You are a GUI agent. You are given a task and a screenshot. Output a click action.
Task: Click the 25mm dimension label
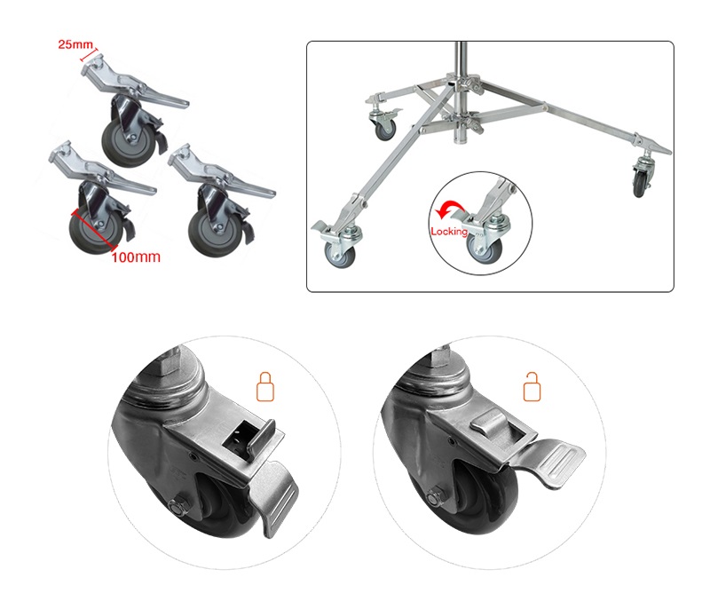coord(75,44)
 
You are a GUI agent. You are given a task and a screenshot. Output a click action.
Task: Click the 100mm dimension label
coord(136,257)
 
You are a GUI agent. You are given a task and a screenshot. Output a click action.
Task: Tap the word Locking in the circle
coord(449,232)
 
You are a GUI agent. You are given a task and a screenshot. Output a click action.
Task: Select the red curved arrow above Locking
coord(450,210)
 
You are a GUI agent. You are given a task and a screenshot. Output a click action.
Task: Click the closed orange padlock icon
coord(265,387)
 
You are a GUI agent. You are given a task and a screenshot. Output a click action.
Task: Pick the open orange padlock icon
coord(532,387)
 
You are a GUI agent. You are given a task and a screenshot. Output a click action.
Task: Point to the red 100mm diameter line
coord(93,230)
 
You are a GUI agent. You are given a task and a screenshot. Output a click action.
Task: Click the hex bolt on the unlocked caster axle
coord(436,496)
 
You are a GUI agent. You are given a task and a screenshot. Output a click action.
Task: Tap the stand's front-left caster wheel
coord(341,255)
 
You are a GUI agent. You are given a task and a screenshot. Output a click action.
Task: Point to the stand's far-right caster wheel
coord(640,183)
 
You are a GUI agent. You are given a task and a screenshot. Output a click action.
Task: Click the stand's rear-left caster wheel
coord(386,129)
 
